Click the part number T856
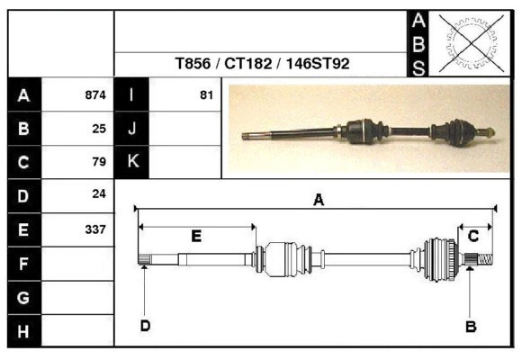coord(193,63)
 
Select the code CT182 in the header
coord(248,63)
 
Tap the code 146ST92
coord(318,63)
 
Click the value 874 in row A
coord(95,94)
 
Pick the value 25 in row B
coord(99,129)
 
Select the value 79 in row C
coord(99,161)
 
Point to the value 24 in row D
coord(99,193)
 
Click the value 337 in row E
coord(95,229)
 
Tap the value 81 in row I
coord(206,94)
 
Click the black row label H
coord(24,331)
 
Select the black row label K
coord(131,162)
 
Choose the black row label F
coord(24,264)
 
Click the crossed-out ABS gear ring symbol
coord(471,43)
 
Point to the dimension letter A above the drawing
coord(319,200)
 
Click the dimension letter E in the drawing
coord(196,236)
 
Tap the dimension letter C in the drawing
coord(473,236)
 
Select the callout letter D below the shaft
coord(145,326)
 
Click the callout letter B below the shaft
coord(471,327)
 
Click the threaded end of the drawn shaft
coord(485,259)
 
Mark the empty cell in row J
coord(185,129)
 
